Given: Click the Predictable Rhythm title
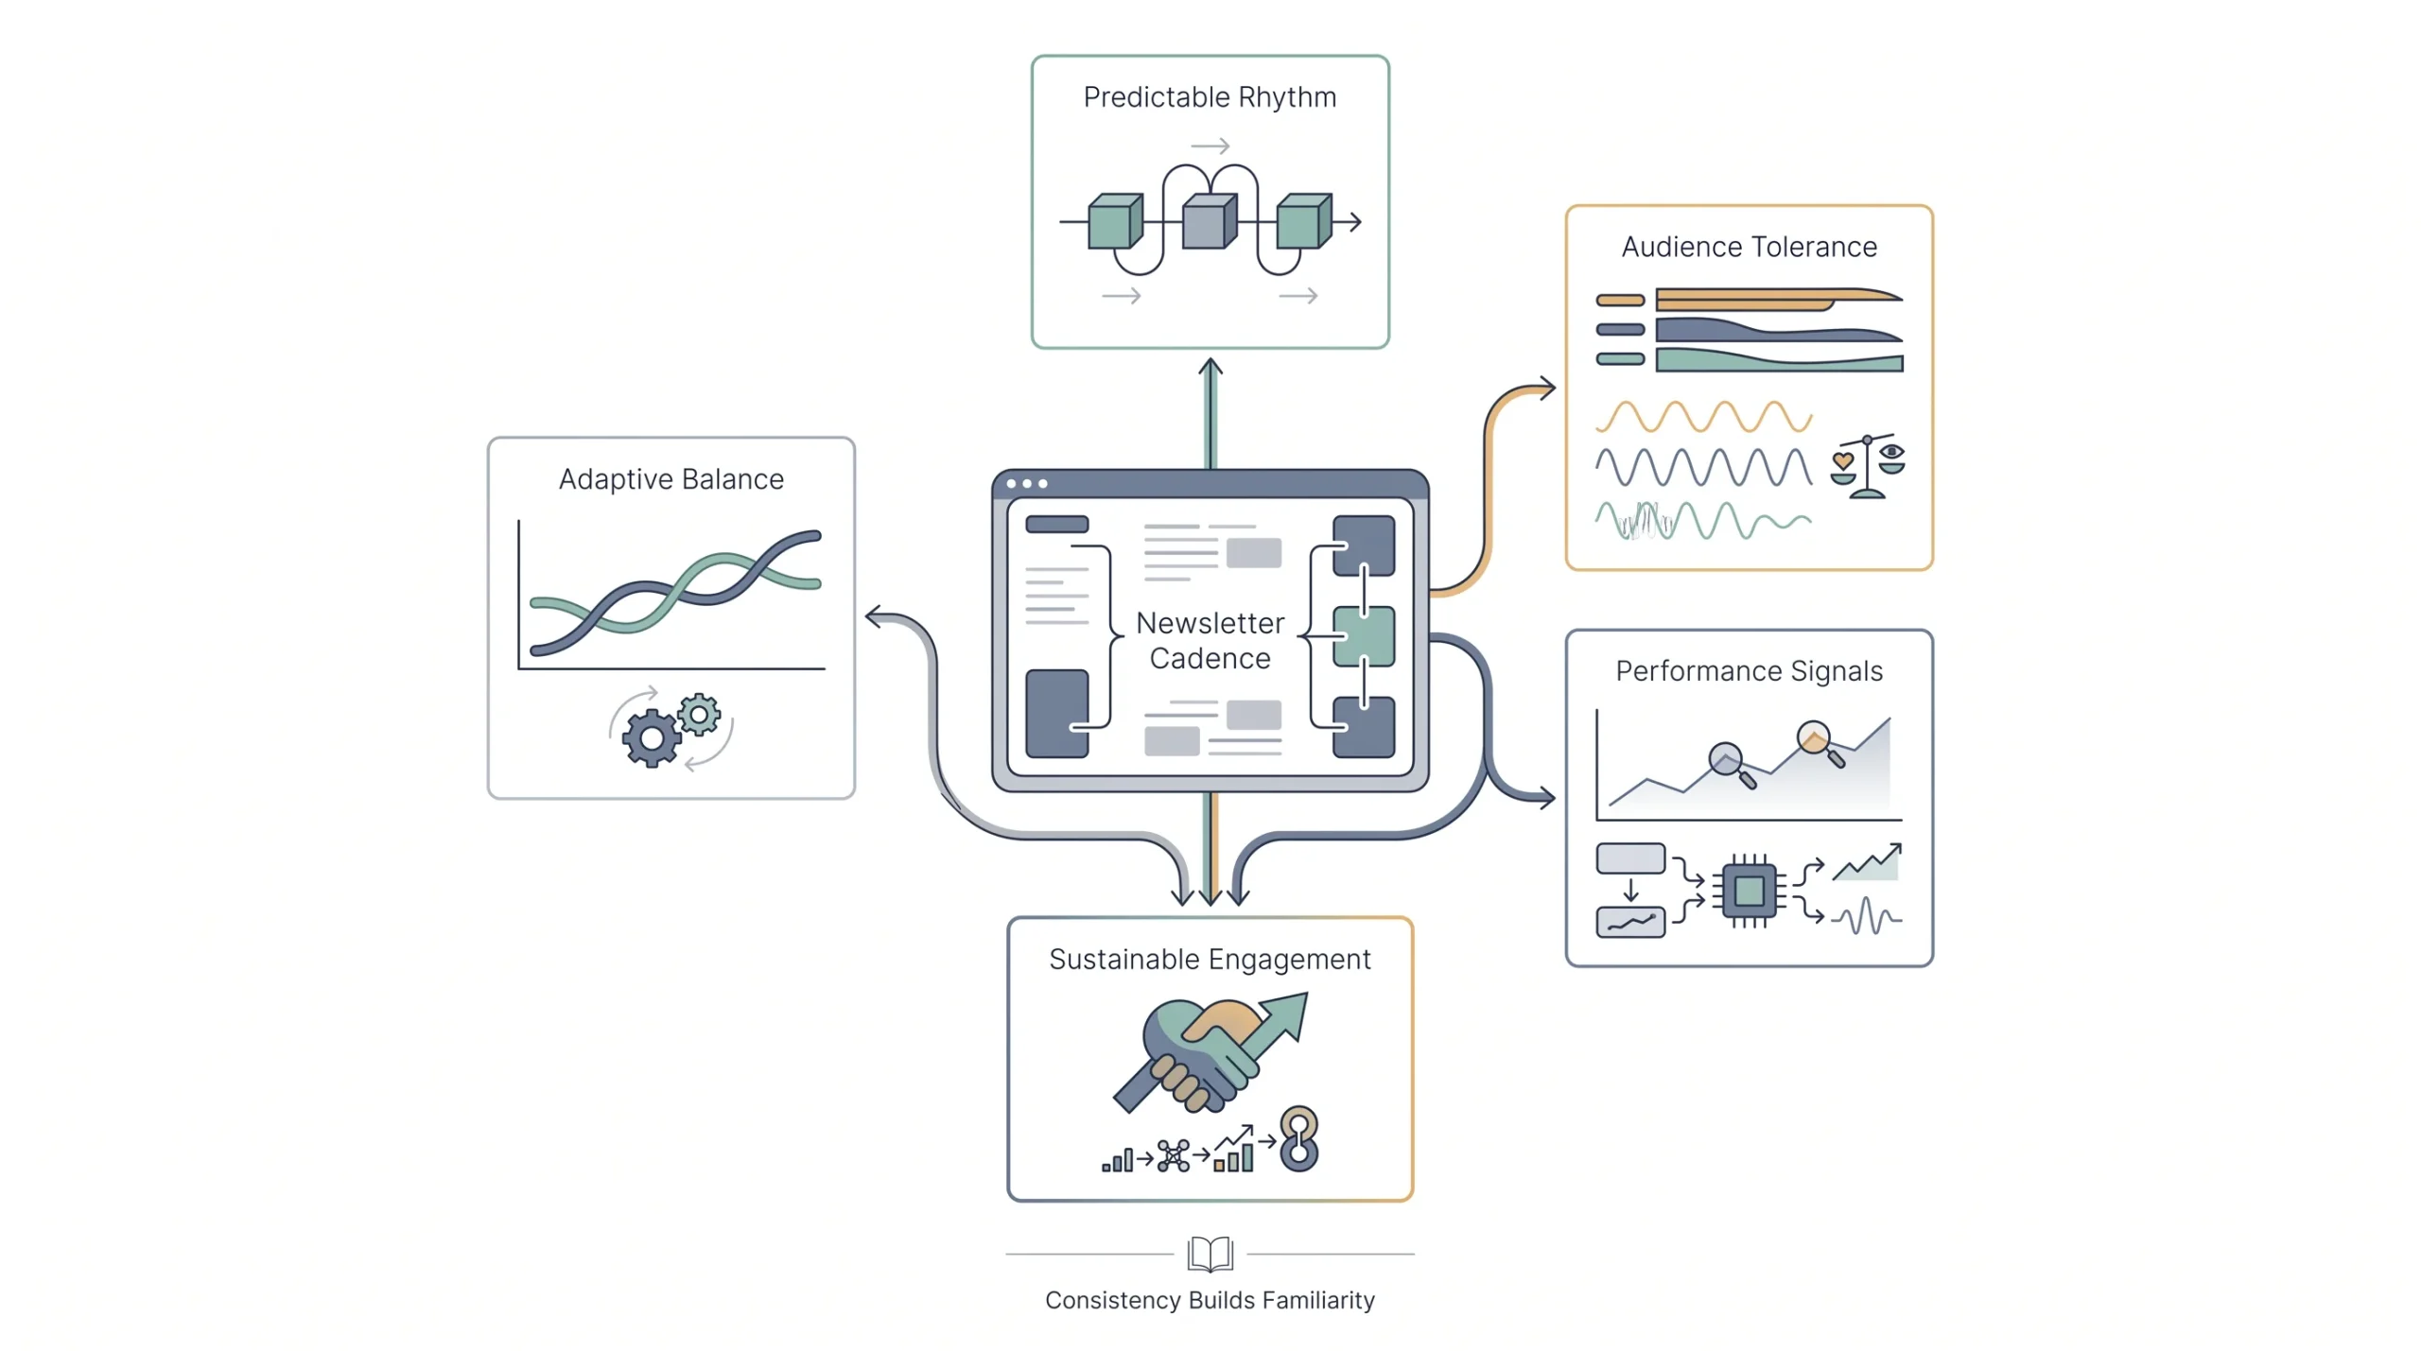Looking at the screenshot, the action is pyautogui.click(x=1210, y=97).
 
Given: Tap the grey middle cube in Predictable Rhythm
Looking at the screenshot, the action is pyautogui.click(x=1210, y=221).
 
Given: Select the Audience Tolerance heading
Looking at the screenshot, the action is pyautogui.click(x=1749, y=247).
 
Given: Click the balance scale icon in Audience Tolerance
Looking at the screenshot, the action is pyautogui.click(x=1867, y=466).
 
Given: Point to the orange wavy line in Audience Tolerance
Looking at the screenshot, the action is pyautogui.click(x=1703, y=417).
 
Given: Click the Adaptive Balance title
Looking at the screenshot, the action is pyautogui.click(x=671, y=479).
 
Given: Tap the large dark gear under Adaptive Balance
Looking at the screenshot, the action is pyautogui.click(x=651, y=738).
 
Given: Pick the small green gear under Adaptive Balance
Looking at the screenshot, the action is pyautogui.click(x=699, y=716).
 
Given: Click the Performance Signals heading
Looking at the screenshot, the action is pyautogui.click(x=1749, y=671).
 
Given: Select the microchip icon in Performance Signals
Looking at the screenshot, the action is pyautogui.click(x=1749, y=891).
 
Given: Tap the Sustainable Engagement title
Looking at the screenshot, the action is pyautogui.click(x=1210, y=960).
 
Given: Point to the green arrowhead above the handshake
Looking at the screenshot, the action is pyautogui.click(x=1288, y=1015).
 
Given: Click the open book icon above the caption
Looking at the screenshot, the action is pyautogui.click(x=1210, y=1254).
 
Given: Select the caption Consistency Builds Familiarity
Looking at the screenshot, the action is pyautogui.click(x=1210, y=1300).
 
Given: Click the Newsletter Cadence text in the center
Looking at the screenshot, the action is pyautogui.click(x=1210, y=640).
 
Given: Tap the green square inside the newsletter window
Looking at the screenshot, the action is pyautogui.click(x=1363, y=636).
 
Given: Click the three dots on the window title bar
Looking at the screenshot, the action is pyautogui.click(x=1027, y=484).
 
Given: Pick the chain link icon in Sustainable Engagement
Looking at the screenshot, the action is pyautogui.click(x=1298, y=1139).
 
